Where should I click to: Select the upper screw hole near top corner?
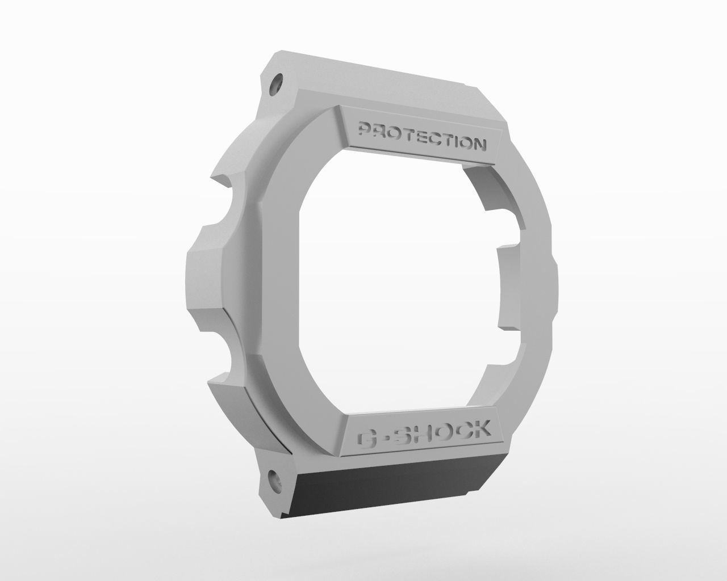point(277,84)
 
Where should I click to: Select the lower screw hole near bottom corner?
point(274,478)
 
